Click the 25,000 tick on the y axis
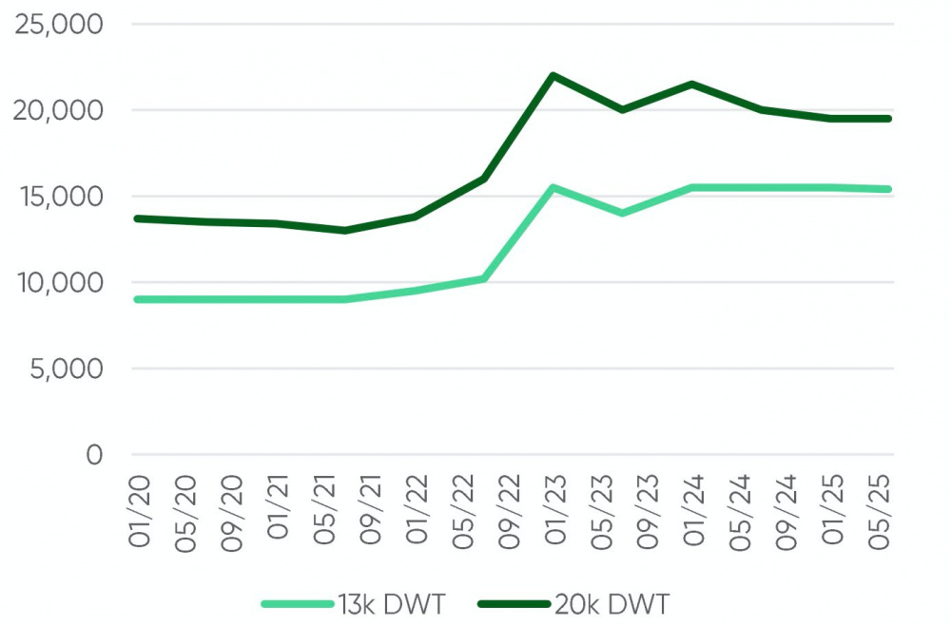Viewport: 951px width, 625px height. click(x=59, y=25)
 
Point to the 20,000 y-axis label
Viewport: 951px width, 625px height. click(x=59, y=111)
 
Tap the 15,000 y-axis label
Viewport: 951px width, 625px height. click(x=59, y=197)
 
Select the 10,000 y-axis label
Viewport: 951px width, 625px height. click(x=59, y=283)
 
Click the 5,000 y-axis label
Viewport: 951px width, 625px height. click(x=67, y=369)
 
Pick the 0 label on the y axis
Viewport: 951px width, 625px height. click(x=93, y=455)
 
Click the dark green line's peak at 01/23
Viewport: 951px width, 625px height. click(x=553, y=75)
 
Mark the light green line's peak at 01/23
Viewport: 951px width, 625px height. click(x=553, y=187)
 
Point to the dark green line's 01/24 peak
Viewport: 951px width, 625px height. click(x=691, y=84)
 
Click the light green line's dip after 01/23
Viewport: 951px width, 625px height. click(x=622, y=213)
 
